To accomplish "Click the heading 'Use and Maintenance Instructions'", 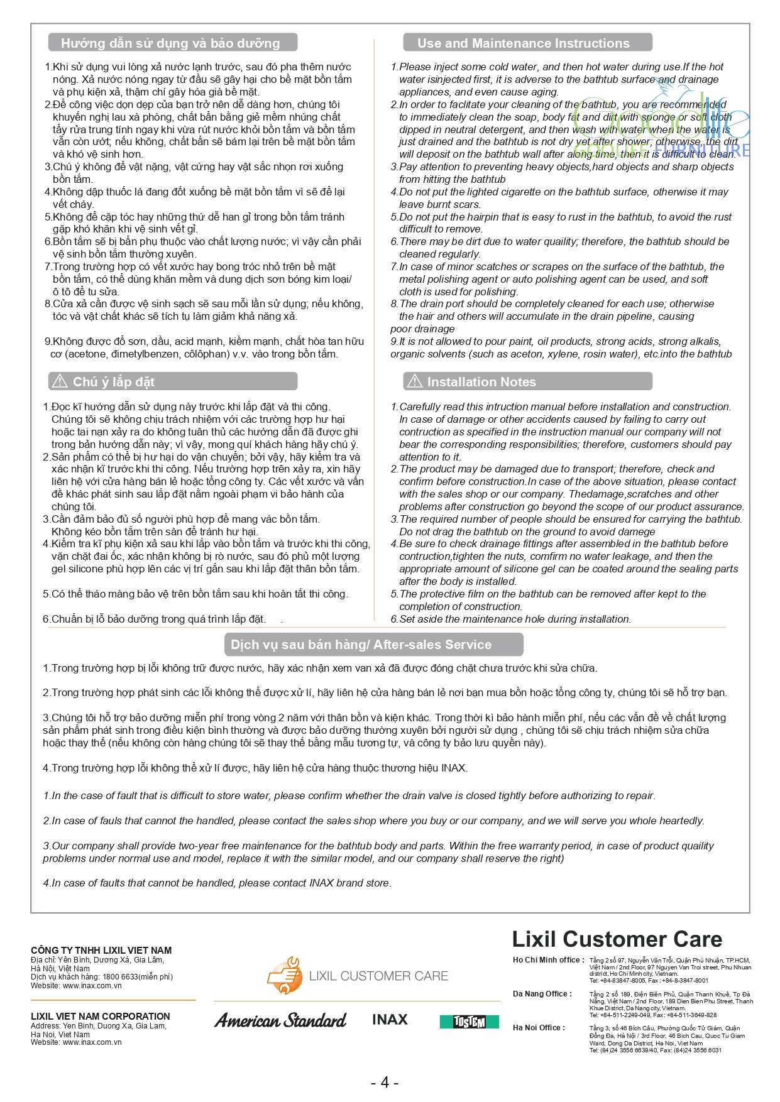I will point(523,43).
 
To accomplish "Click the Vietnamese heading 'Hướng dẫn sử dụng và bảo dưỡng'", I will point(170,43).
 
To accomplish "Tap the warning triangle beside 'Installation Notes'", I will point(415,381).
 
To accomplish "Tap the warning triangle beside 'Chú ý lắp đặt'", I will point(60,381).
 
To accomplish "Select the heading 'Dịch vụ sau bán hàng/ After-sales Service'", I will point(361,645).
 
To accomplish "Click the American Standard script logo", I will point(280,1020).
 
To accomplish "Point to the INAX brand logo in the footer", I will point(390,1020).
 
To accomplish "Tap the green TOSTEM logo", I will point(469,1022).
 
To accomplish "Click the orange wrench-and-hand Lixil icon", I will point(285,975).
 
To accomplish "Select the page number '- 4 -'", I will point(385,1082).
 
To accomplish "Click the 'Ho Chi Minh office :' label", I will point(548,960).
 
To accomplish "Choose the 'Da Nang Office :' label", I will point(542,994).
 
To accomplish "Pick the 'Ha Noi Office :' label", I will point(539,1028).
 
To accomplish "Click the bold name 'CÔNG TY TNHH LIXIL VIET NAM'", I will point(101,951).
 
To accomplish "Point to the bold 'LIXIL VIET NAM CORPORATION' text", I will point(101,1017).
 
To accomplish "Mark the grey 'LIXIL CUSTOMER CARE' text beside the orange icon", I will point(378,976).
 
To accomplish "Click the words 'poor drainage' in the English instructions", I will point(422,329).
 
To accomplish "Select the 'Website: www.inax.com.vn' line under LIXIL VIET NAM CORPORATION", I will point(76,1042).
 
